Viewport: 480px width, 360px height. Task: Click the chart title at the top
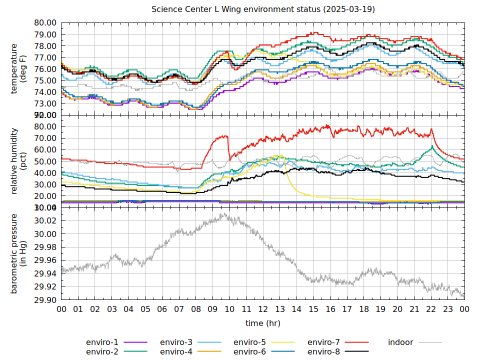pos(263,9)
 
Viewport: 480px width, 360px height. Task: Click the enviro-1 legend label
pos(102,342)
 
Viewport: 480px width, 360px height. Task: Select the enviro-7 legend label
pos(323,342)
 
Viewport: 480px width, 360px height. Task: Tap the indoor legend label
pos(400,342)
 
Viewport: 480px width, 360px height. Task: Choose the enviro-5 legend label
pos(249,342)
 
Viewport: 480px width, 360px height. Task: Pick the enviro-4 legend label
pos(176,351)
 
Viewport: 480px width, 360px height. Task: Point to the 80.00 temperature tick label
pos(45,23)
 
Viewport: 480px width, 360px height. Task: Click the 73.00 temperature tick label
pos(45,103)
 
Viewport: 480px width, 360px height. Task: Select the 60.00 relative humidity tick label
pos(45,149)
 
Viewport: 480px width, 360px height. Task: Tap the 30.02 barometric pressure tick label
pos(45,221)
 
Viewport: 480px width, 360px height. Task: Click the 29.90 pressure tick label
pos(45,300)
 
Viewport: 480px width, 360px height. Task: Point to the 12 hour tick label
pos(263,309)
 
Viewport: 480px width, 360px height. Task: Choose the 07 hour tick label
pos(179,309)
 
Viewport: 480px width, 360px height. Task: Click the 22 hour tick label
pos(431,309)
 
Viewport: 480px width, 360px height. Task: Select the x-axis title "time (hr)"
pos(263,323)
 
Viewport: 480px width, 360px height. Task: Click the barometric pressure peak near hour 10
pos(224,213)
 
